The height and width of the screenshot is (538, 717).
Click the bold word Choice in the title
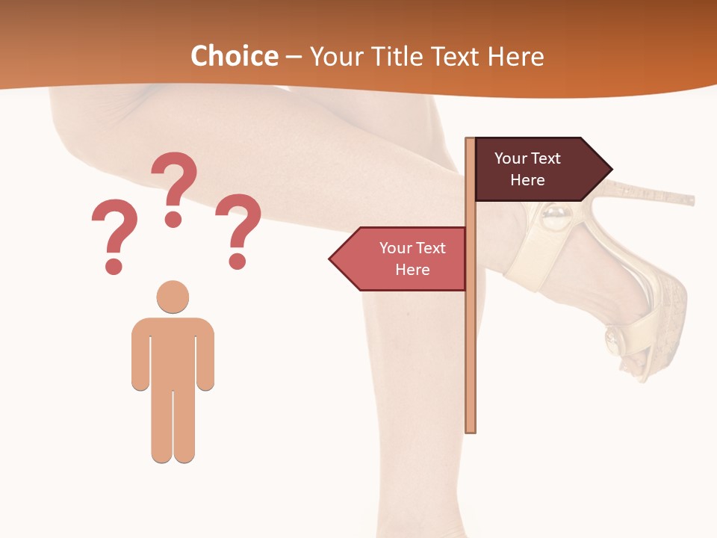(234, 57)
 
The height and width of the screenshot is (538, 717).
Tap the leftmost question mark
(114, 228)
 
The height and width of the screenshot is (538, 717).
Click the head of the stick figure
(173, 297)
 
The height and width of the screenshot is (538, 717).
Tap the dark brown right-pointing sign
(538, 169)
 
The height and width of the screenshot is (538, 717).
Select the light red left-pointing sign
(403, 259)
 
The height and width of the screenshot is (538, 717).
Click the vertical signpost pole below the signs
(471, 359)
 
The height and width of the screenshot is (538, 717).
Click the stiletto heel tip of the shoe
(691, 200)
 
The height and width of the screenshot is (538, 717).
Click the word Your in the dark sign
(510, 158)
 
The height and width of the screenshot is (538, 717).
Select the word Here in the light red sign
(412, 270)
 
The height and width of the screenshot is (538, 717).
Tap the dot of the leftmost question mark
(114, 265)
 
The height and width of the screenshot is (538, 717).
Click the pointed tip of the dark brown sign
(611, 169)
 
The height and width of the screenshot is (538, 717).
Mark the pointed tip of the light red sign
(330, 259)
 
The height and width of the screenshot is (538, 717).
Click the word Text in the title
(457, 57)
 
